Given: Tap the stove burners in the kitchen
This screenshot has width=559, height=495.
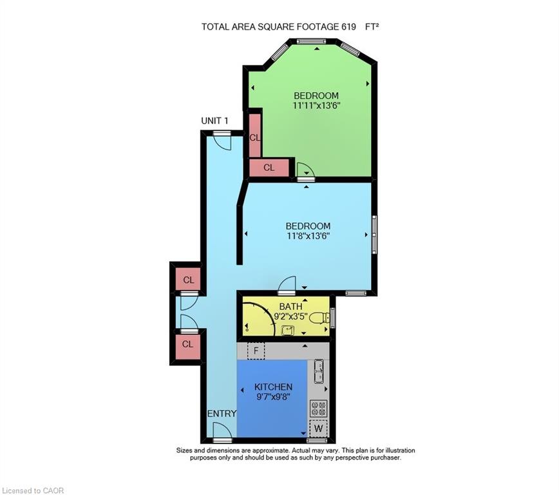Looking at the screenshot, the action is pos(318,409).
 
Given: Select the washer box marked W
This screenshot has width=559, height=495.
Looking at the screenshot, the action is pos(318,428).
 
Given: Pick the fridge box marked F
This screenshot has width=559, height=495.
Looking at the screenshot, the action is pos(256,351).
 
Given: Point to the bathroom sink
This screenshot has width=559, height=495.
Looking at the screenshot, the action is pos(287,331).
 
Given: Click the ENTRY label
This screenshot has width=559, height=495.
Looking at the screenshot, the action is pos(222,413).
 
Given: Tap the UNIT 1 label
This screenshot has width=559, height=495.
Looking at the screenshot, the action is pos(214,121).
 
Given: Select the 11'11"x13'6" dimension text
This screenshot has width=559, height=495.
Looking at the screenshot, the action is pos(315,106).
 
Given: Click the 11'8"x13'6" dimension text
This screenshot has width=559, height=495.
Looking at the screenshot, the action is pos(308,236).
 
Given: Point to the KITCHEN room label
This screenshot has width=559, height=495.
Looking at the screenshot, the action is pos(274,387).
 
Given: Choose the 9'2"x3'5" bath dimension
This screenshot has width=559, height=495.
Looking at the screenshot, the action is pos(290,316).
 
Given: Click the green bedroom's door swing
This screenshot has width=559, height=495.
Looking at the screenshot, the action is pos(305,170).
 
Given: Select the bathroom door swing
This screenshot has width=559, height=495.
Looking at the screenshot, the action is pos(287,284).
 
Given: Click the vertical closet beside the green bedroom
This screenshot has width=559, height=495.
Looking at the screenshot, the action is pos(254,135).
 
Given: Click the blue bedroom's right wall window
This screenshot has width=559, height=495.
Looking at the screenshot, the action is pos(374,235).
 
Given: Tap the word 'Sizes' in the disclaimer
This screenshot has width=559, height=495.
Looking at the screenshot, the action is pos(185,451).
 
